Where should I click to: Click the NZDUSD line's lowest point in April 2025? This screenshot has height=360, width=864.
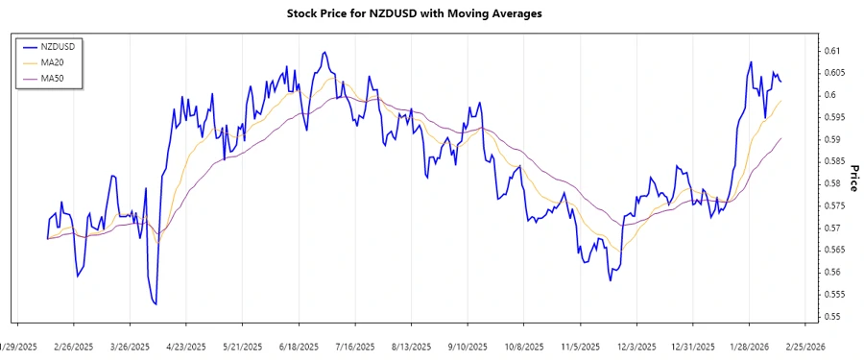pos(156,304)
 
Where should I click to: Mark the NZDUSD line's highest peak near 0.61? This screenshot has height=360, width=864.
pos(325,53)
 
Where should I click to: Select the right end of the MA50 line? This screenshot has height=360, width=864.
pos(781,138)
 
